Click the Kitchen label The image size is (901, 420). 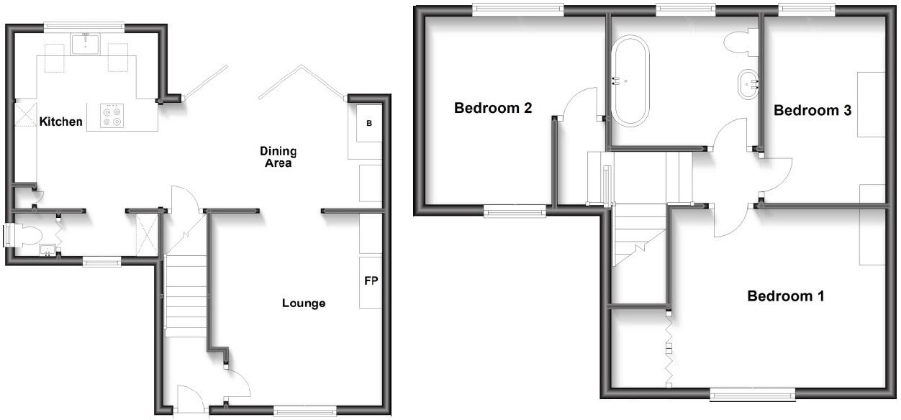(x=60, y=122)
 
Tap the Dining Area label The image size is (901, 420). (x=278, y=157)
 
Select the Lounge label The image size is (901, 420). (x=303, y=303)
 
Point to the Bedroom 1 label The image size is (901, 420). (x=785, y=296)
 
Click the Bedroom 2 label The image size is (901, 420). (x=493, y=109)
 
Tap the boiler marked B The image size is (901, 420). (x=370, y=124)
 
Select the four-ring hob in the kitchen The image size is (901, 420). (x=112, y=117)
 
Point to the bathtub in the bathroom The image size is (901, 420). (x=630, y=81)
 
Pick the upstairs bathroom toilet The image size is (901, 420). (x=739, y=42)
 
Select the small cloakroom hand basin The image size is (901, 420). (x=47, y=251)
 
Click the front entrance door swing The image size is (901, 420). (x=189, y=400)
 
